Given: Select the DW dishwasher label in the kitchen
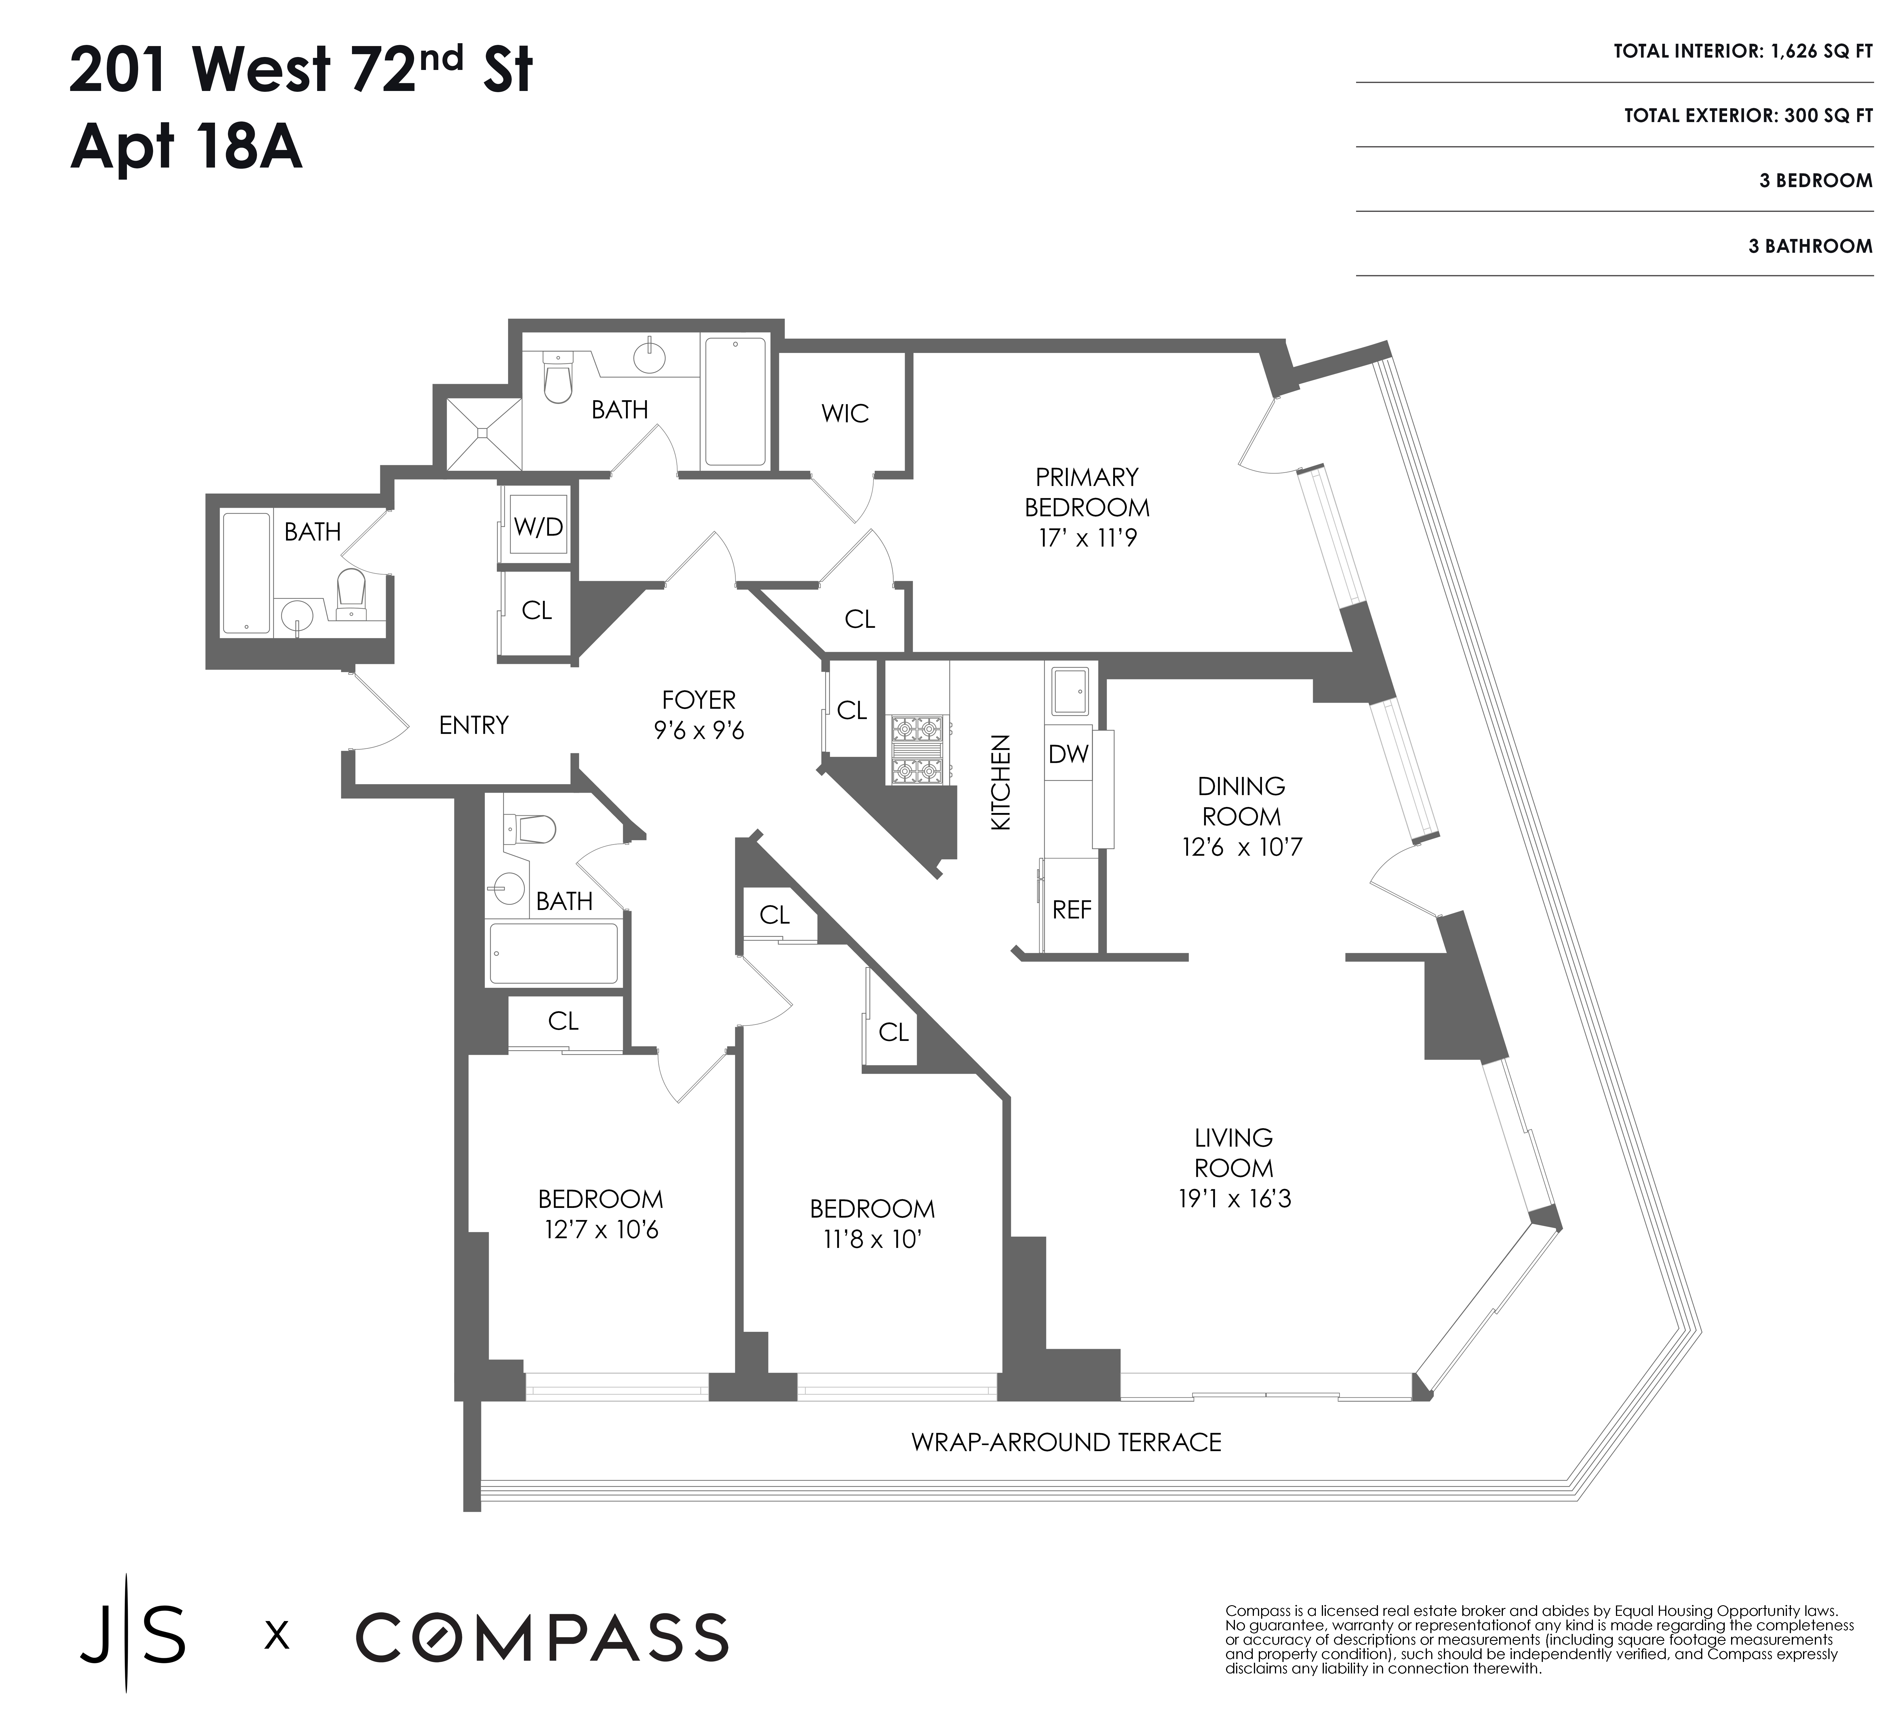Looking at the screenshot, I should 1069,753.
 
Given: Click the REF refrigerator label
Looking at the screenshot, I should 1071,910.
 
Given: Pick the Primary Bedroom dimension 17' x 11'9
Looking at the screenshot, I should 1087,539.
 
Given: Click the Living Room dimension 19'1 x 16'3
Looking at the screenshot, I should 1234,1199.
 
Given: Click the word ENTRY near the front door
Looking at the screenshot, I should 473,725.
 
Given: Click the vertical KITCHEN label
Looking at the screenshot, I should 1001,783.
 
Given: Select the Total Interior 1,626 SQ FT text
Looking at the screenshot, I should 1742,52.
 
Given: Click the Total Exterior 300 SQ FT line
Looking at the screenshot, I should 1747,116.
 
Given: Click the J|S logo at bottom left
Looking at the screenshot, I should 132,1637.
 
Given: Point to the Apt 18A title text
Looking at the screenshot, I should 186,149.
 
